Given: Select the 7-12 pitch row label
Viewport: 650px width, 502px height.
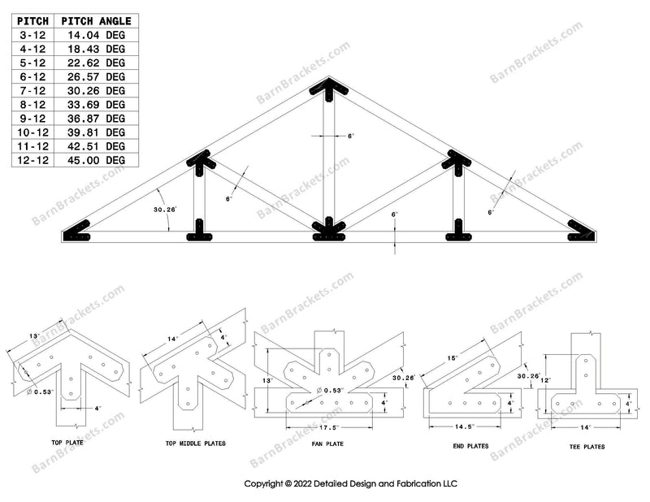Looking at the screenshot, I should (x=32, y=91).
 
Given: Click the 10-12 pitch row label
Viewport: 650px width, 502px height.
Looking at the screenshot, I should (x=32, y=132).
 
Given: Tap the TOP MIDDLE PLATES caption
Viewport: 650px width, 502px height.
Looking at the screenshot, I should (x=195, y=444).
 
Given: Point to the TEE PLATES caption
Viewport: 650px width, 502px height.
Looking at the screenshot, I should (x=589, y=446).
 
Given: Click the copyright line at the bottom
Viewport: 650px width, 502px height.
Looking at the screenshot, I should (x=351, y=483).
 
